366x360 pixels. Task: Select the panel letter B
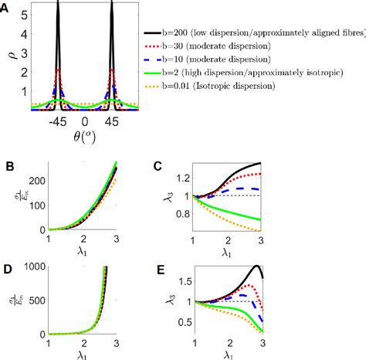click(x=7, y=165)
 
